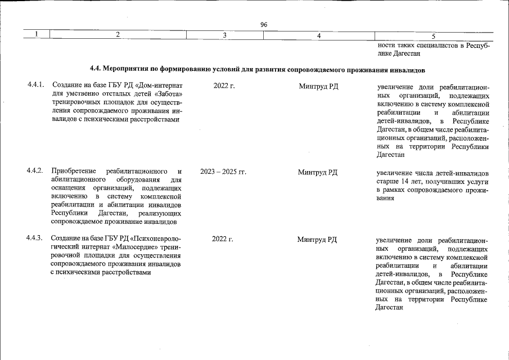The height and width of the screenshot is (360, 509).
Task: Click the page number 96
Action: coord(264,24)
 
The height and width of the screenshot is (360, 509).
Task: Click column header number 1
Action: coord(36,35)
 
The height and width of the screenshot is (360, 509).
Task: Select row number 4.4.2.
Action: coord(35,171)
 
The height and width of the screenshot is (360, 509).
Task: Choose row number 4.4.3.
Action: coord(35,239)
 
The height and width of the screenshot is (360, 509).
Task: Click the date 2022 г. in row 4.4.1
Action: coord(224,86)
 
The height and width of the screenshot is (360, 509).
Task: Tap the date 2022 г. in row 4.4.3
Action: coord(223,239)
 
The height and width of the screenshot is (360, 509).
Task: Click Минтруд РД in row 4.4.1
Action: coord(318,86)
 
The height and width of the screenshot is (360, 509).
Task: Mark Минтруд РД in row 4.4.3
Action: coord(318,239)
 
